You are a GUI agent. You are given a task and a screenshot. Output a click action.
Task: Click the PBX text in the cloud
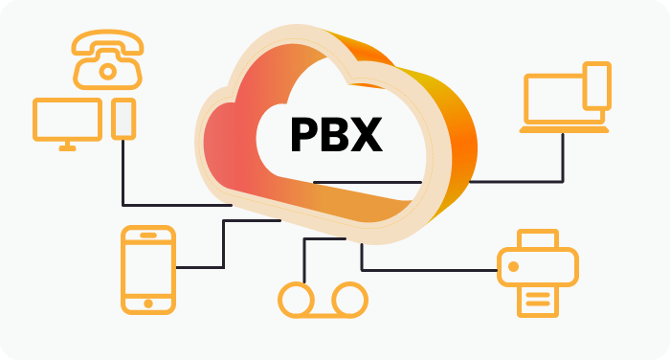tap(336, 134)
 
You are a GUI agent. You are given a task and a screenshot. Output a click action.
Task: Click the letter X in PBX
tap(366, 134)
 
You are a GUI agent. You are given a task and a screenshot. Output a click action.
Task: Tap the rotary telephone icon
tap(107, 57)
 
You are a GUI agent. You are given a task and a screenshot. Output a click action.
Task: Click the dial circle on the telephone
tap(107, 69)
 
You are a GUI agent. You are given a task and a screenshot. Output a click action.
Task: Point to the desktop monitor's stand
tap(67, 146)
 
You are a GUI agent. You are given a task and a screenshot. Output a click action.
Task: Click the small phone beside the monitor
tap(123, 118)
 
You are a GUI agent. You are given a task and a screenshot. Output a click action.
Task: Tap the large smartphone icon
tap(148, 269)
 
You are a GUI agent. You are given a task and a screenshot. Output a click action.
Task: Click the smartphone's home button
tap(148, 304)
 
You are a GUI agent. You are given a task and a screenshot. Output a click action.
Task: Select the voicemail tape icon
tap(322, 299)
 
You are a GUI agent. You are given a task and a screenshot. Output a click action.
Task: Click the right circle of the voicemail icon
tap(348, 299)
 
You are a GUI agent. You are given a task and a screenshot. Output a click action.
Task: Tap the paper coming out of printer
tap(538, 299)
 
